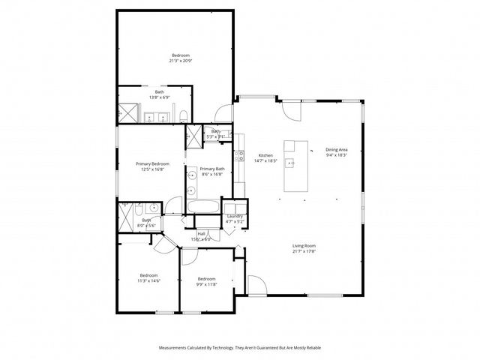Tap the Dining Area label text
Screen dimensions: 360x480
coord(336,149)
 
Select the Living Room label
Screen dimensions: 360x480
coord(304,246)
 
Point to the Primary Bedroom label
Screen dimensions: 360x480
coord(152,163)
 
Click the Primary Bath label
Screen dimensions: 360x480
coord(212,169)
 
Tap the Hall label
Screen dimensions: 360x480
coord(202,233)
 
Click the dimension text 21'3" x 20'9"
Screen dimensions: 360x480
coord(181,61)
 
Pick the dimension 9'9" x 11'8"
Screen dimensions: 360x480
coord(206,283)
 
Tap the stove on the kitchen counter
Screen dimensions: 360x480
coord(240,157)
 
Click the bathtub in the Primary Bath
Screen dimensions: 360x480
coord(202,207)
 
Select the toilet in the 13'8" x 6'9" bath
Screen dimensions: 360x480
coord(183,115)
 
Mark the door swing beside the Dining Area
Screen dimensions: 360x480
coord(292,111)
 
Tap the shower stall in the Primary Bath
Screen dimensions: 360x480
coord(193,136)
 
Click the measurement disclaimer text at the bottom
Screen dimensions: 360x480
coord(240,348)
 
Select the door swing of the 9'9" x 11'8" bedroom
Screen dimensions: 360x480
coord(187,255)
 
